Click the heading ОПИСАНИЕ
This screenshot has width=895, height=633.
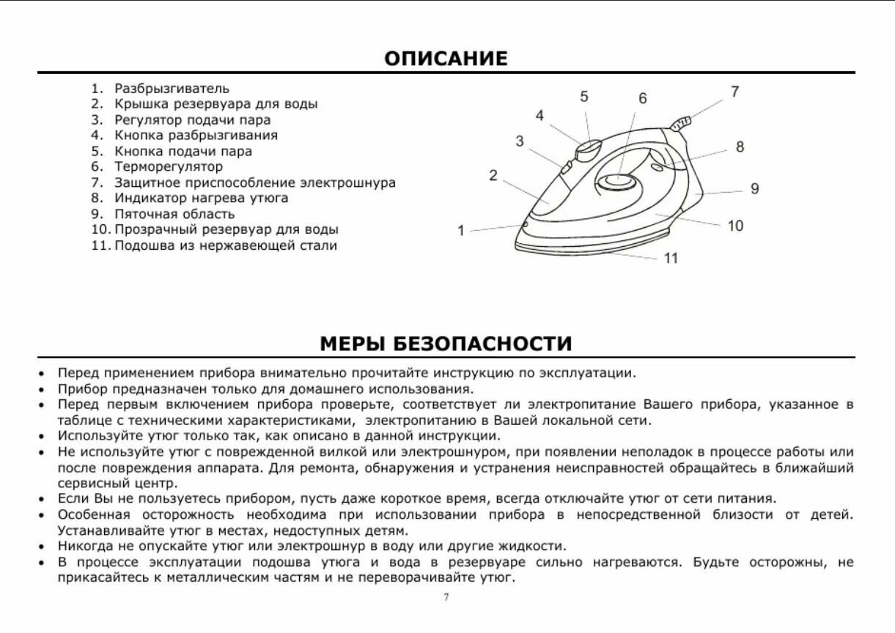point(446,59)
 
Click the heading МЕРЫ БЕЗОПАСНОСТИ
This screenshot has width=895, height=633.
point(446,344)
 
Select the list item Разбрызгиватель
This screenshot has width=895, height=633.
point(172,89)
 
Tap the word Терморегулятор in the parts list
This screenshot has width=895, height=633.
point(169,167)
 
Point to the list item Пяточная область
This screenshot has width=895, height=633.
point(174,214)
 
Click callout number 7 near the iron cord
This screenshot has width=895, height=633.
point(734,92)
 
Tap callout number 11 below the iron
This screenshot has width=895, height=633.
point(671,258)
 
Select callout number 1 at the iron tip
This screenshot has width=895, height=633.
point(461,231)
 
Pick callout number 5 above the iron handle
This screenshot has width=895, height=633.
point(584,97)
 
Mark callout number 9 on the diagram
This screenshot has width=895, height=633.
point(754,189)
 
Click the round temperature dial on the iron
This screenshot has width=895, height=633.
point(615,181)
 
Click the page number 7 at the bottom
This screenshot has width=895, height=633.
point(446,597)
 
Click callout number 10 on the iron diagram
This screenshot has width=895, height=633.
point(735,226)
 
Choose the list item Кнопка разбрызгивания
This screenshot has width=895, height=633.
point(196,136)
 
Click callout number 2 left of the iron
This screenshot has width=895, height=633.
point(493,175)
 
